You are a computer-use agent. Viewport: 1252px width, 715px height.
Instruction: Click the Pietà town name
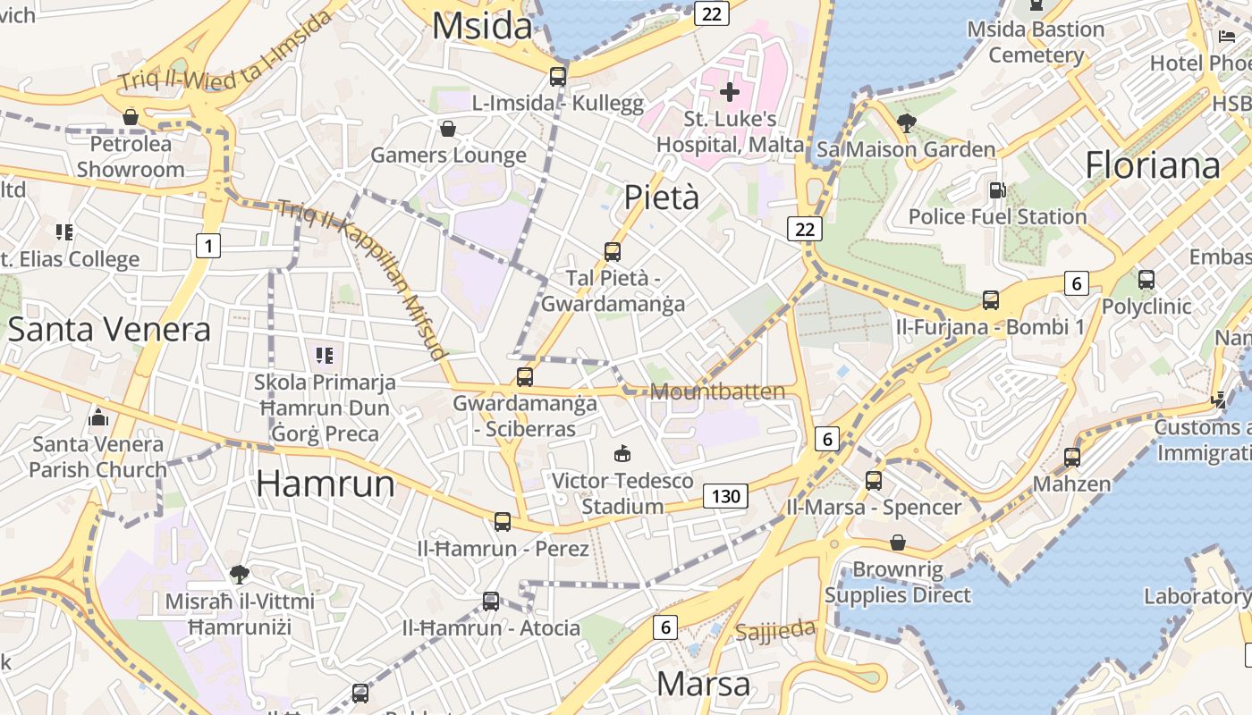click(662, 197)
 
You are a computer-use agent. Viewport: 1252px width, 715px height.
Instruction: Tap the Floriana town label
click(1152, 165)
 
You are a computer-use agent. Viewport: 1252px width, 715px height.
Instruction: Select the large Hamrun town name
click(326, 484)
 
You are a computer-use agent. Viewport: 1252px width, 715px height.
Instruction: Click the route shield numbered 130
click(724, 495)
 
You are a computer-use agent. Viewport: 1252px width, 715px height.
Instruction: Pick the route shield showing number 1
click(207, 246)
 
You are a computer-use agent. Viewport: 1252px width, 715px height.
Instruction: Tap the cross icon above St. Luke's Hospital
click(730, 91)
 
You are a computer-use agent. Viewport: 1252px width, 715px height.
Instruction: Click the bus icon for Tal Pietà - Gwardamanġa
click(613, 252)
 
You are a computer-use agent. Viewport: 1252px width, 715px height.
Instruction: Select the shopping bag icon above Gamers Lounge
click(448, 129)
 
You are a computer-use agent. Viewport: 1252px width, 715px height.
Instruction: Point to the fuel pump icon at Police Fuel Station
click(997, 190)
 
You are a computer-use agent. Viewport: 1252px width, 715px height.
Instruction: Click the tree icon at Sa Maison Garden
click(906, 123)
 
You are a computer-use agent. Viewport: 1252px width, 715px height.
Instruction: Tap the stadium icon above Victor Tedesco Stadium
click(622, 454)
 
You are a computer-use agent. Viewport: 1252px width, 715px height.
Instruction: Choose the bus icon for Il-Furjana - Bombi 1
click(991, 300)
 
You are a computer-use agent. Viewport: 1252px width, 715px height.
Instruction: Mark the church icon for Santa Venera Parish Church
click(98, 417)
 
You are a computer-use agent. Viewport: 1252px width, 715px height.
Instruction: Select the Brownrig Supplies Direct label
click(897, 582)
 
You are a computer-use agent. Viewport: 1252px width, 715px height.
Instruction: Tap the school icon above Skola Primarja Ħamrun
click(324, 356)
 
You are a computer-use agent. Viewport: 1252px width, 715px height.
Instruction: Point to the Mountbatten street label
click(717, 391)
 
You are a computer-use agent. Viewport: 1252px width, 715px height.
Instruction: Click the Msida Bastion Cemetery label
click(1036, 42)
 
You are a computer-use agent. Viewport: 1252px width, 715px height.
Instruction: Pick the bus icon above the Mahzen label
click(1072, 458)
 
